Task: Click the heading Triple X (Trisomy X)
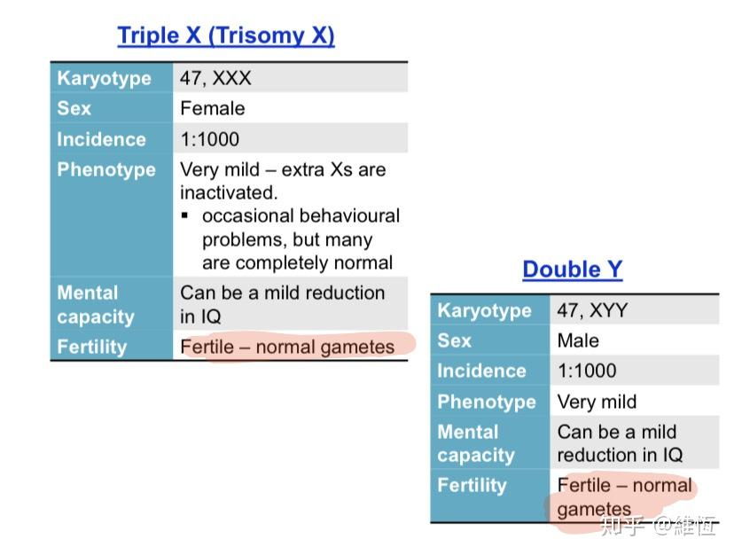(x=226, y=35)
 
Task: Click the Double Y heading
(x=573, y=270)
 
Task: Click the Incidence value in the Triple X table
(x=210, y=139)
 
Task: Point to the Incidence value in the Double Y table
(x=587, y=371)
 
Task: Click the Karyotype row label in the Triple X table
(x=104, y=78)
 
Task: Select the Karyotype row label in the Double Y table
(x=485, y=310)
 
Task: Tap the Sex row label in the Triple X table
(x=74, y=108)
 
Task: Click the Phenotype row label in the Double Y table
(x=487, y=402)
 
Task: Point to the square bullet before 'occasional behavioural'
(x=185, y=215)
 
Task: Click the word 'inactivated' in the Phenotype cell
(x=229, y=192)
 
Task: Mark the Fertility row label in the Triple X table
(x=92, y=347)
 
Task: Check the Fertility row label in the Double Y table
(x=472, y=485)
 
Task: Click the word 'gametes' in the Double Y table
(x=594, y=509)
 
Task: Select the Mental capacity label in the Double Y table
(x=476, y=443)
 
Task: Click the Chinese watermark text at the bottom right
(x=659, y=526)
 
